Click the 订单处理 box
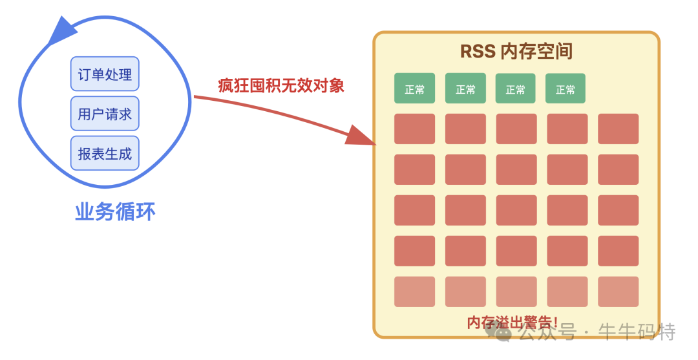105,74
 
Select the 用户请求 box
105,114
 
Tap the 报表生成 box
105,153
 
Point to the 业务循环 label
115,211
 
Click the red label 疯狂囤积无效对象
281,85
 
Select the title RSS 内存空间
516,51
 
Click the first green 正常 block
414,89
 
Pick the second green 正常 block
465,89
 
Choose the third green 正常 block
516,89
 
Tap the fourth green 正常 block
566,89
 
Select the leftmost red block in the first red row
414,129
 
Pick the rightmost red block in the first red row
618,129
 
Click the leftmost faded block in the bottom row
414,291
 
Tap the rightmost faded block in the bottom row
618,291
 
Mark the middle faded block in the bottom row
516,291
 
